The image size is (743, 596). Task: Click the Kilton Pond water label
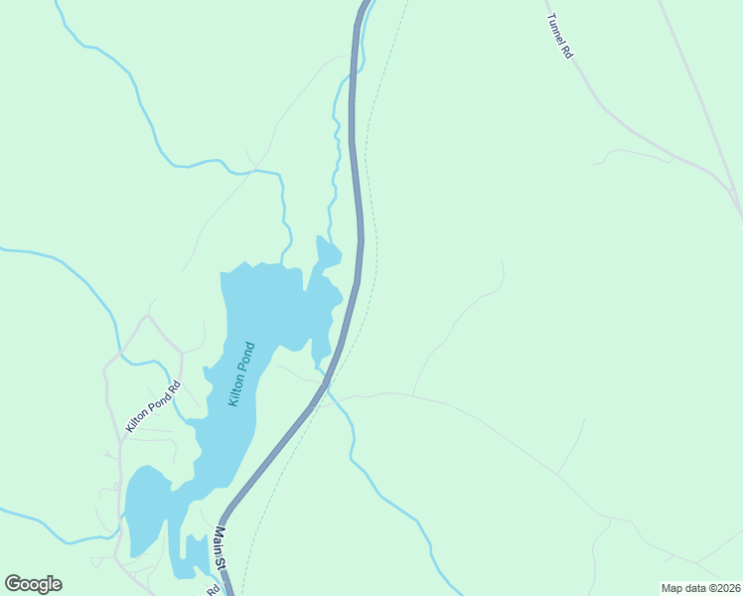tap(241, 373)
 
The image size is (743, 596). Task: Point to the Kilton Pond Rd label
tap(153, 407)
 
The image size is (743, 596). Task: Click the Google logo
tap(33, 584)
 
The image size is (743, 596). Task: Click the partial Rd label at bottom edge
tap(213, 589)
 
